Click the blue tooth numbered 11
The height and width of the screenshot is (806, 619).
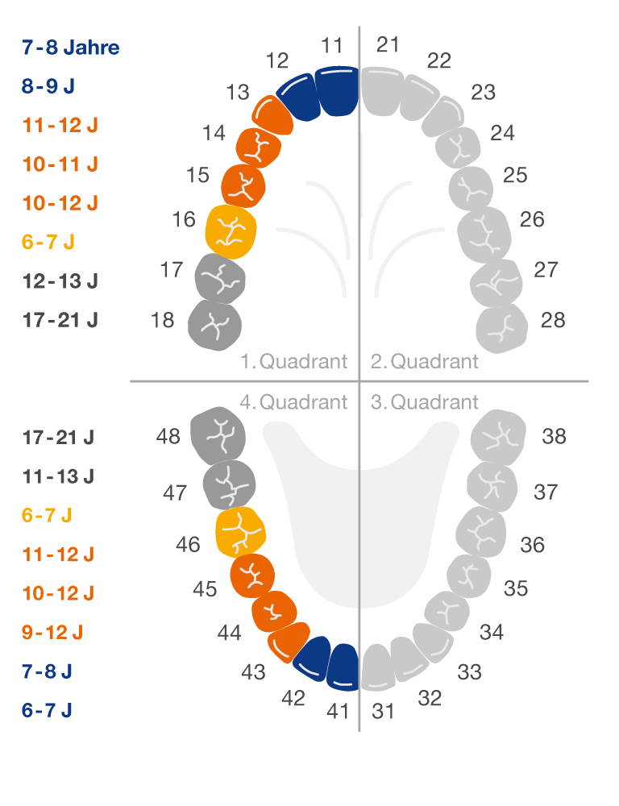[337, 90]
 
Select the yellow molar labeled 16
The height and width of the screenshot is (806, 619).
[231, 231]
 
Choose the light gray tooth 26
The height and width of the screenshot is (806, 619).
[484, 234]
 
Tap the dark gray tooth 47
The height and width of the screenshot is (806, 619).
[229, 486]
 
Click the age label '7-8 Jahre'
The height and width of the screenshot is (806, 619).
[71, 48]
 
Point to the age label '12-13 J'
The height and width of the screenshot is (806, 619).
[60, 281]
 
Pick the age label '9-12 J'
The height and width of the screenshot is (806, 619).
[59, 633]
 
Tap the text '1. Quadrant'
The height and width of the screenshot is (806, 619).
[294, 361]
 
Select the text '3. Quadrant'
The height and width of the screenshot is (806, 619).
[425, 401]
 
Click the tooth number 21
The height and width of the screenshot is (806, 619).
[388, 44]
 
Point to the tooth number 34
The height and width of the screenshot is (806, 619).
[491, 632]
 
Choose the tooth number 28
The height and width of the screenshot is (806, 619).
[553, 320]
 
